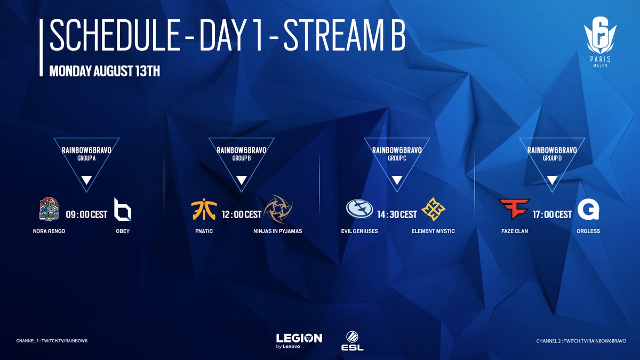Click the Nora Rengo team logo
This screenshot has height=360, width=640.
click(49, 209)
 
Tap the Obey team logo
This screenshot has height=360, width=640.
click(123, 210)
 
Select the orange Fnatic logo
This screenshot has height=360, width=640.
click(204, 210)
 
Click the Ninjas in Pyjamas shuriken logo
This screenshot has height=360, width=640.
click(278, 209)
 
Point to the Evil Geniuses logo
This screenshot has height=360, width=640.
click(359, 209)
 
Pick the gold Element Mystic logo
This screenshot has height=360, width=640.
click(433, 209)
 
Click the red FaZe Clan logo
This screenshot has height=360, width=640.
click(515, 209)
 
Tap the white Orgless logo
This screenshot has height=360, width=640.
click(588, 209)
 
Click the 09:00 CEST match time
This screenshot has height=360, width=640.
click(86, 214)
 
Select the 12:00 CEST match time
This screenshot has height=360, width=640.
click(242, 214)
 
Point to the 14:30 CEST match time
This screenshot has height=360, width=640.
click(397, 214)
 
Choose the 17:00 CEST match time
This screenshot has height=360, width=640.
click(552, 214)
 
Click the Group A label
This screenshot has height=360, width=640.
click(86, 158)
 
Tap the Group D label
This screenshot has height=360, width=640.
click(552, 158)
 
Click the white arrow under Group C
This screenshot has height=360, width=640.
click(397, 180)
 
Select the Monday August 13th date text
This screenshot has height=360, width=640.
click(105, 71)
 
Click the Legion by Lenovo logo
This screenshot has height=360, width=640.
click(299, 341)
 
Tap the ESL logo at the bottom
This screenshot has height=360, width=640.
click(353, 341)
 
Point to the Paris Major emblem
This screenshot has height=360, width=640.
click(601, 42)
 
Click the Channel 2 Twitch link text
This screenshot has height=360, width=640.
click(581, 341)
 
